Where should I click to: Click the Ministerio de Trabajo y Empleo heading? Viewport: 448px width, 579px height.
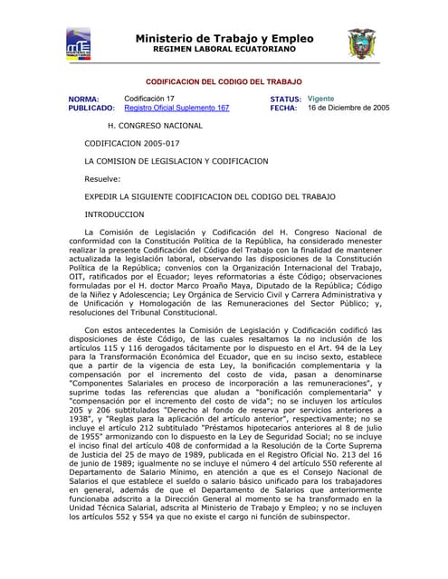224,39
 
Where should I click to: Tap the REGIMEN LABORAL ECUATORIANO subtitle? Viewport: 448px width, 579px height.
224,51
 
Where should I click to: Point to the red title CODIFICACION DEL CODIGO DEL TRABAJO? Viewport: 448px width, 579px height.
224,81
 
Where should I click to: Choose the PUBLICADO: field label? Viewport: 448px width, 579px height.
91,108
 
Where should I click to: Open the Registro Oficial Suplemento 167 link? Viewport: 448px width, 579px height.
176,108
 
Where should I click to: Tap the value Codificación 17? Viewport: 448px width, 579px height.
149,98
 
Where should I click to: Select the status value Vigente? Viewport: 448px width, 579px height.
320,98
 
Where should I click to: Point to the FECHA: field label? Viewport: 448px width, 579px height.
283,108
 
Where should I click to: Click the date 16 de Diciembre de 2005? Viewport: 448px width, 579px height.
348,108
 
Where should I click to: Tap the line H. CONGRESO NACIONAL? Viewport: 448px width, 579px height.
155,126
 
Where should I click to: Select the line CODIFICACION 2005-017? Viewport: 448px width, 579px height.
132,143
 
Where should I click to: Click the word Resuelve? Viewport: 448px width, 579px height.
102,178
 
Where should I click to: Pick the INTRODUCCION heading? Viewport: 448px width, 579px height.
114,214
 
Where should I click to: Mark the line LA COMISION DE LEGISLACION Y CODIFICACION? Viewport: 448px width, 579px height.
176,161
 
